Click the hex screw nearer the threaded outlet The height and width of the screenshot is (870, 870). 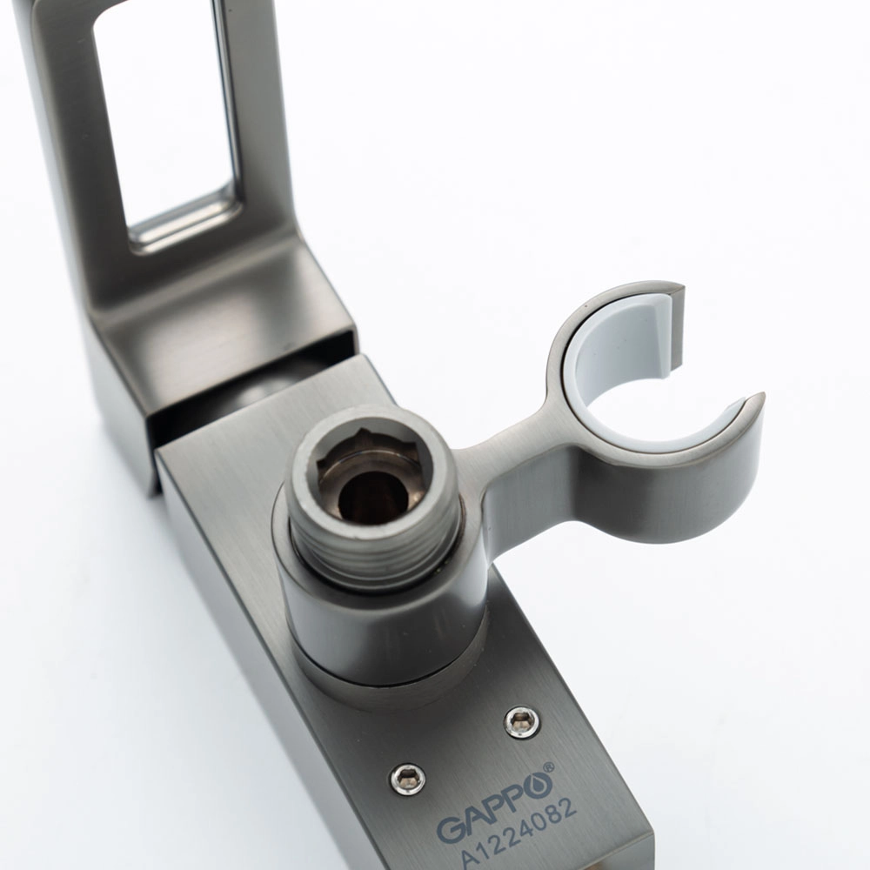pos(522,722)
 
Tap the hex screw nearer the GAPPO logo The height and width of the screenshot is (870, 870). pos(408,779)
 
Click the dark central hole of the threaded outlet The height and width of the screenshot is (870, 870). pos(373,496)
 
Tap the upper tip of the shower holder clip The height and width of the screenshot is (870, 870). pos(679,290)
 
